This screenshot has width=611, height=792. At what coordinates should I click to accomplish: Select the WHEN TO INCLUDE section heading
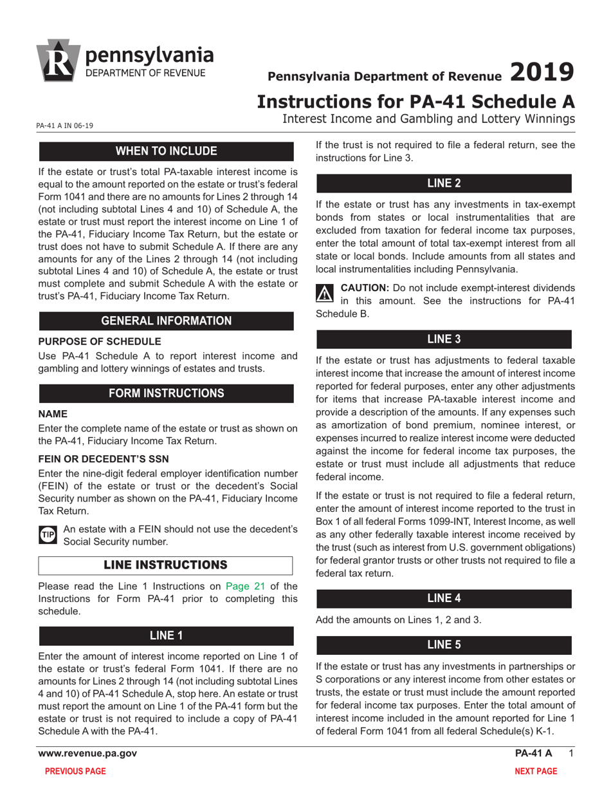click(x=166, y=151)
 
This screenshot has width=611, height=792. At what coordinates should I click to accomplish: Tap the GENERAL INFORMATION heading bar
click(x=166, y=321)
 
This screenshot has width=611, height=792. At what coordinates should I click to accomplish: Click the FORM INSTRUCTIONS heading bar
click(x=166, y=393)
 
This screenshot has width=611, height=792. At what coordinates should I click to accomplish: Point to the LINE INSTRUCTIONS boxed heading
click(x=166, y=565)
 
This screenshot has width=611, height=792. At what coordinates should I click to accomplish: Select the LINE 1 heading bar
click(x=166, y=636)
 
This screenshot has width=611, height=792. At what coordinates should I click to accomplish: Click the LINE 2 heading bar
click(x=444, y=183)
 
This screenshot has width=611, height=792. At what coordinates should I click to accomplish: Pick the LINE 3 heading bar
click(x=444, y=339)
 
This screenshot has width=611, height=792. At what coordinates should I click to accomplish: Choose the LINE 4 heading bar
click(x=444, y=598)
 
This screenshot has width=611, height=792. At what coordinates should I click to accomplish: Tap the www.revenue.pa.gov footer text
click(x=87, y=753)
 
